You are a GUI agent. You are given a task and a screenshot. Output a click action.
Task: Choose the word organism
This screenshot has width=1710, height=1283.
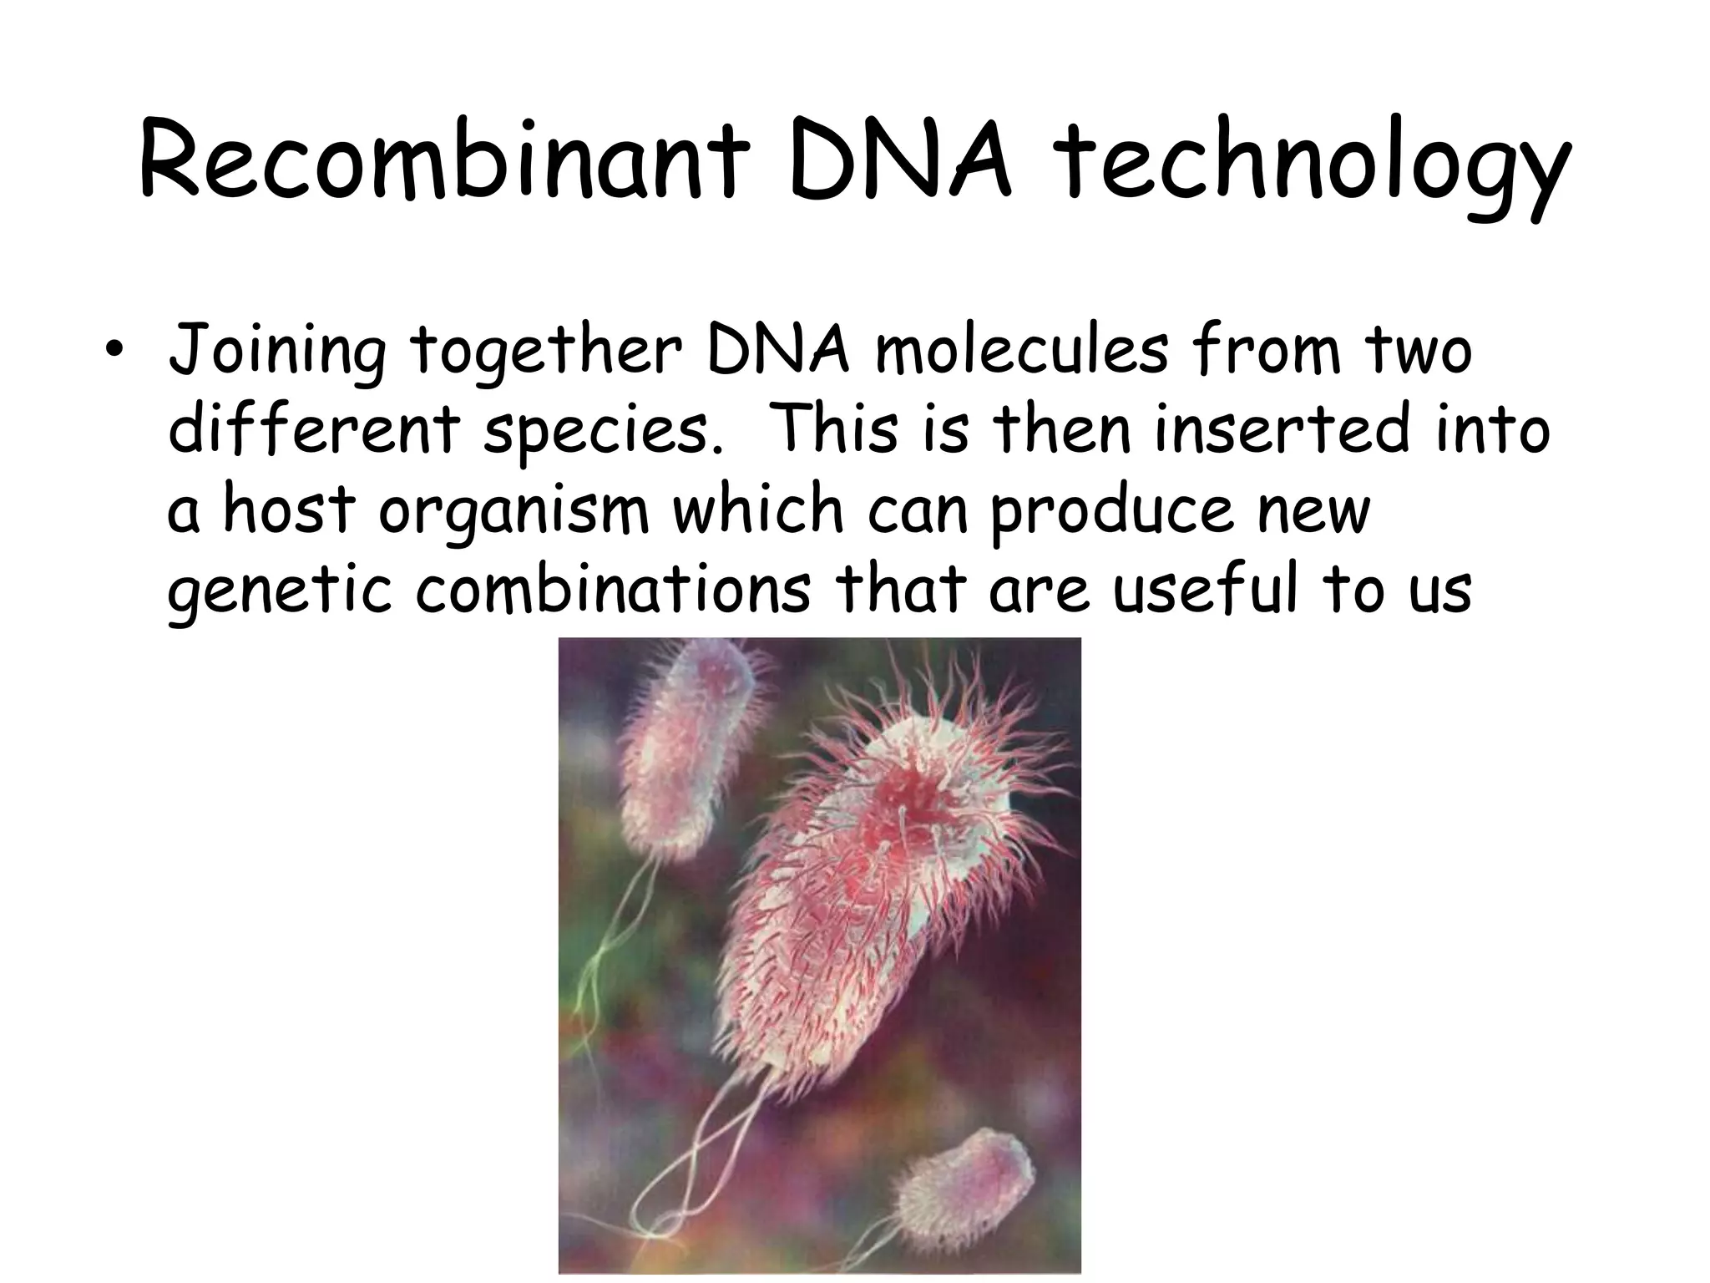514,510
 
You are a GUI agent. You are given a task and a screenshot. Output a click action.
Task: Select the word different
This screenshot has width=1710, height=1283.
313,429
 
